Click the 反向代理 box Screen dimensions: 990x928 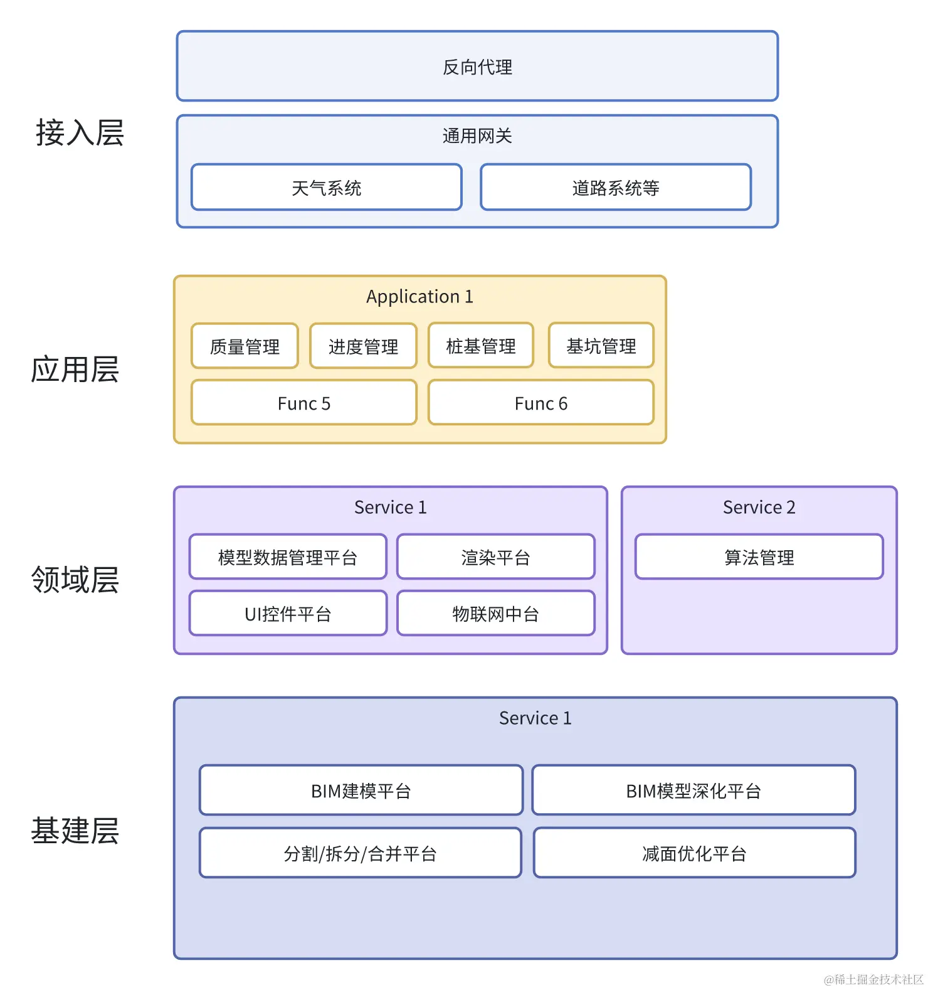[477, 67]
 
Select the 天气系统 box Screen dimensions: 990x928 [326, 188]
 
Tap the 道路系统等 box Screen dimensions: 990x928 [615, 188]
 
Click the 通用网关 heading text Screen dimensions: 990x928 [477, 136]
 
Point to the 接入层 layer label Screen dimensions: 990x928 [80, 133]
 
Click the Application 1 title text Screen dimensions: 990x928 [419, 296]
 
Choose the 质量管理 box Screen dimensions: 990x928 [245, 346]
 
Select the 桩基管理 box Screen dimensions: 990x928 [481, 346]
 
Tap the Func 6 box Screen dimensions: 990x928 [540, 403]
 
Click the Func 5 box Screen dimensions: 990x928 [303, 403]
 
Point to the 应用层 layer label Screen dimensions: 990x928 [75, 369]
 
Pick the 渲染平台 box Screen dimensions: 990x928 [495, 557]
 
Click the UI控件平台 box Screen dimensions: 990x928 [288, 614]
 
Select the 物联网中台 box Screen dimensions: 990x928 [495, 614]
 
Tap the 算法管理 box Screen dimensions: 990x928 [759, 557]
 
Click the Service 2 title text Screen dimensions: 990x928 [759, 507]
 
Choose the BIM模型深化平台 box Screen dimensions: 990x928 [693, 791]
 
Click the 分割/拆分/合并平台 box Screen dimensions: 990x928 [360, 853]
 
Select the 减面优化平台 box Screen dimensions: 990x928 [694, 853]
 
